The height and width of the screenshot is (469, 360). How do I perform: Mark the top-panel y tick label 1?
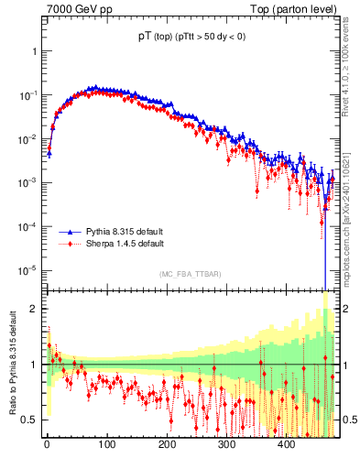[x=34, y=52]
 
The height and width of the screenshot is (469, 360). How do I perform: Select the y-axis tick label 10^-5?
[x=27, y=270]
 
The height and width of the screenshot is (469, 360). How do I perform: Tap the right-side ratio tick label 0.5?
[x=344, y=420]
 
